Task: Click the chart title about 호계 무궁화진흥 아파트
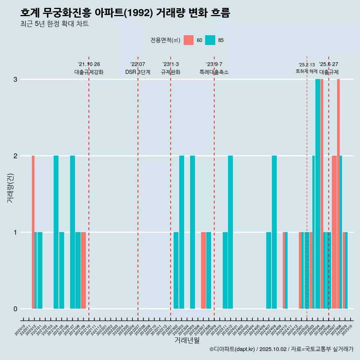125,13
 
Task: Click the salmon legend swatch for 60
189,40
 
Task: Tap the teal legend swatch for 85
210,40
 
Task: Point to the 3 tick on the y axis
15,79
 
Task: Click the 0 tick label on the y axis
15,309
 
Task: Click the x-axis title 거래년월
187,340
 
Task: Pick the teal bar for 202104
56,232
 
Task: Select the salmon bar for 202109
83,270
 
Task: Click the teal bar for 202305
192,232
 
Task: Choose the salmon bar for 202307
203,270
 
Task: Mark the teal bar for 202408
274,232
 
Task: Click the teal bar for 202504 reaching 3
318,194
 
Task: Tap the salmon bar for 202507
334,232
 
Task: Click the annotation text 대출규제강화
89,72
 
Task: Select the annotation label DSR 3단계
138,72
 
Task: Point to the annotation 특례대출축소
214,72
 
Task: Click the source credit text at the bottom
281,349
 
